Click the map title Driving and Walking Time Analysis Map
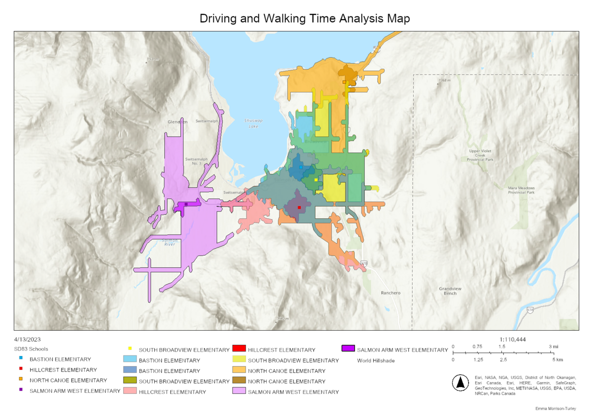(305, 19)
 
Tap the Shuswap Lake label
(252, 123)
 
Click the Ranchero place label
(390, 293)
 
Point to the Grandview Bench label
(450, 291)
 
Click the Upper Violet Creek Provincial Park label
(480, 155)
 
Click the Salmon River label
(170, 242)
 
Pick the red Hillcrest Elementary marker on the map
(299, 208)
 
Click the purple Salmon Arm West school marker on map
(186, 204)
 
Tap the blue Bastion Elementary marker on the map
(301, 167)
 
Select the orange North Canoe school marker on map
(344, 82)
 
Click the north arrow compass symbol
(460, 383)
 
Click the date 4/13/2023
(27, 339)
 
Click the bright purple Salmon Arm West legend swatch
(348, 349)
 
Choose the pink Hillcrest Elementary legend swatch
(129, 391)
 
